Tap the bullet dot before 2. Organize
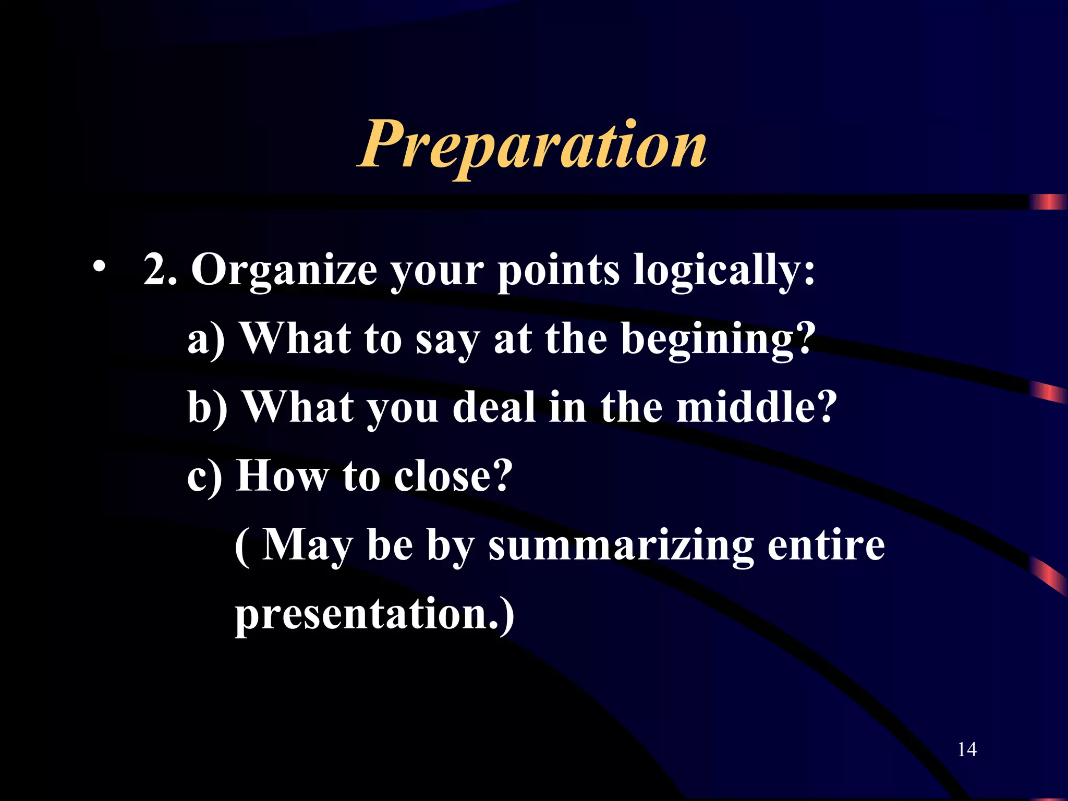[x=99, y=268]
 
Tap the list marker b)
[x=208, y=408]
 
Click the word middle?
[x=757, y=408]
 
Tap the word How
[x=282, y=476]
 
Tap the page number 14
[x=967, y=750]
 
